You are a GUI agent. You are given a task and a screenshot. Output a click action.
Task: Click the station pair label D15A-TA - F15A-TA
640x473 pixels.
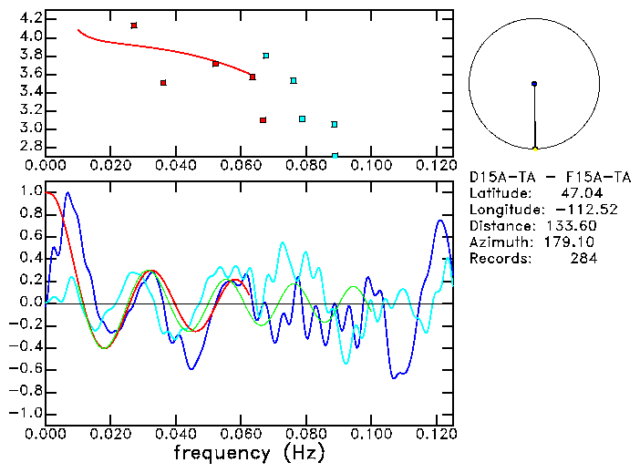tap(550, 176)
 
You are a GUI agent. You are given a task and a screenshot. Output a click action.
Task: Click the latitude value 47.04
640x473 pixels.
tap(579, 192)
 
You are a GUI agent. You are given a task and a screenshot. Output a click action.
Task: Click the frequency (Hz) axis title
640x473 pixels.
tap(248, 453)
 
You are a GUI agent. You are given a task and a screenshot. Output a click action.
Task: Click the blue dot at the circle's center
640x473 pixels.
tap(534, 84)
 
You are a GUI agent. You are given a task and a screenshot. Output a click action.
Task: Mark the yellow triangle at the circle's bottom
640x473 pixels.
tap(535, 148)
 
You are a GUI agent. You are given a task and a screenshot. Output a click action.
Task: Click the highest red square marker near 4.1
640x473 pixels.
tap(134, 26)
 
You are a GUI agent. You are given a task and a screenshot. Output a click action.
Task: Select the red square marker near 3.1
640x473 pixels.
tap(263, 120)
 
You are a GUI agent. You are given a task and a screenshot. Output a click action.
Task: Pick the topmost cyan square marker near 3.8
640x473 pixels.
tap(265, 56)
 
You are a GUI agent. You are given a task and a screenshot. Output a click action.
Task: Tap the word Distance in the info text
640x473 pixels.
tap(501, 225)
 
